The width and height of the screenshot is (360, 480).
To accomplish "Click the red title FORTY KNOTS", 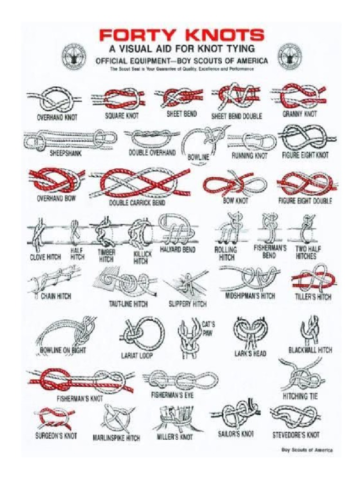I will (181, 35).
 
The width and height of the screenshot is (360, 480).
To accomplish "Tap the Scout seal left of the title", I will (74, 56).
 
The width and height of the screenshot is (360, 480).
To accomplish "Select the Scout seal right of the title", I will (290, 56).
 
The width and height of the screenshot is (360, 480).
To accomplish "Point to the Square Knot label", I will (121, 115).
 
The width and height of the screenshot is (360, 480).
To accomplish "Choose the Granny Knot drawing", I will (300, 96).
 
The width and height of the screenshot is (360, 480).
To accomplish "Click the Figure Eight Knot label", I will (305, 155).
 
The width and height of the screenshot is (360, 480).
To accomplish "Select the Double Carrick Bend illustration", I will (141, 182).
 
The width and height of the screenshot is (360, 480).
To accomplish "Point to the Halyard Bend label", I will (178, 250).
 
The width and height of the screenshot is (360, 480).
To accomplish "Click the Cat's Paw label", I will (208, 328).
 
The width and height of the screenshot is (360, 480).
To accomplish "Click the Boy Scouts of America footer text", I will (307, 450).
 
